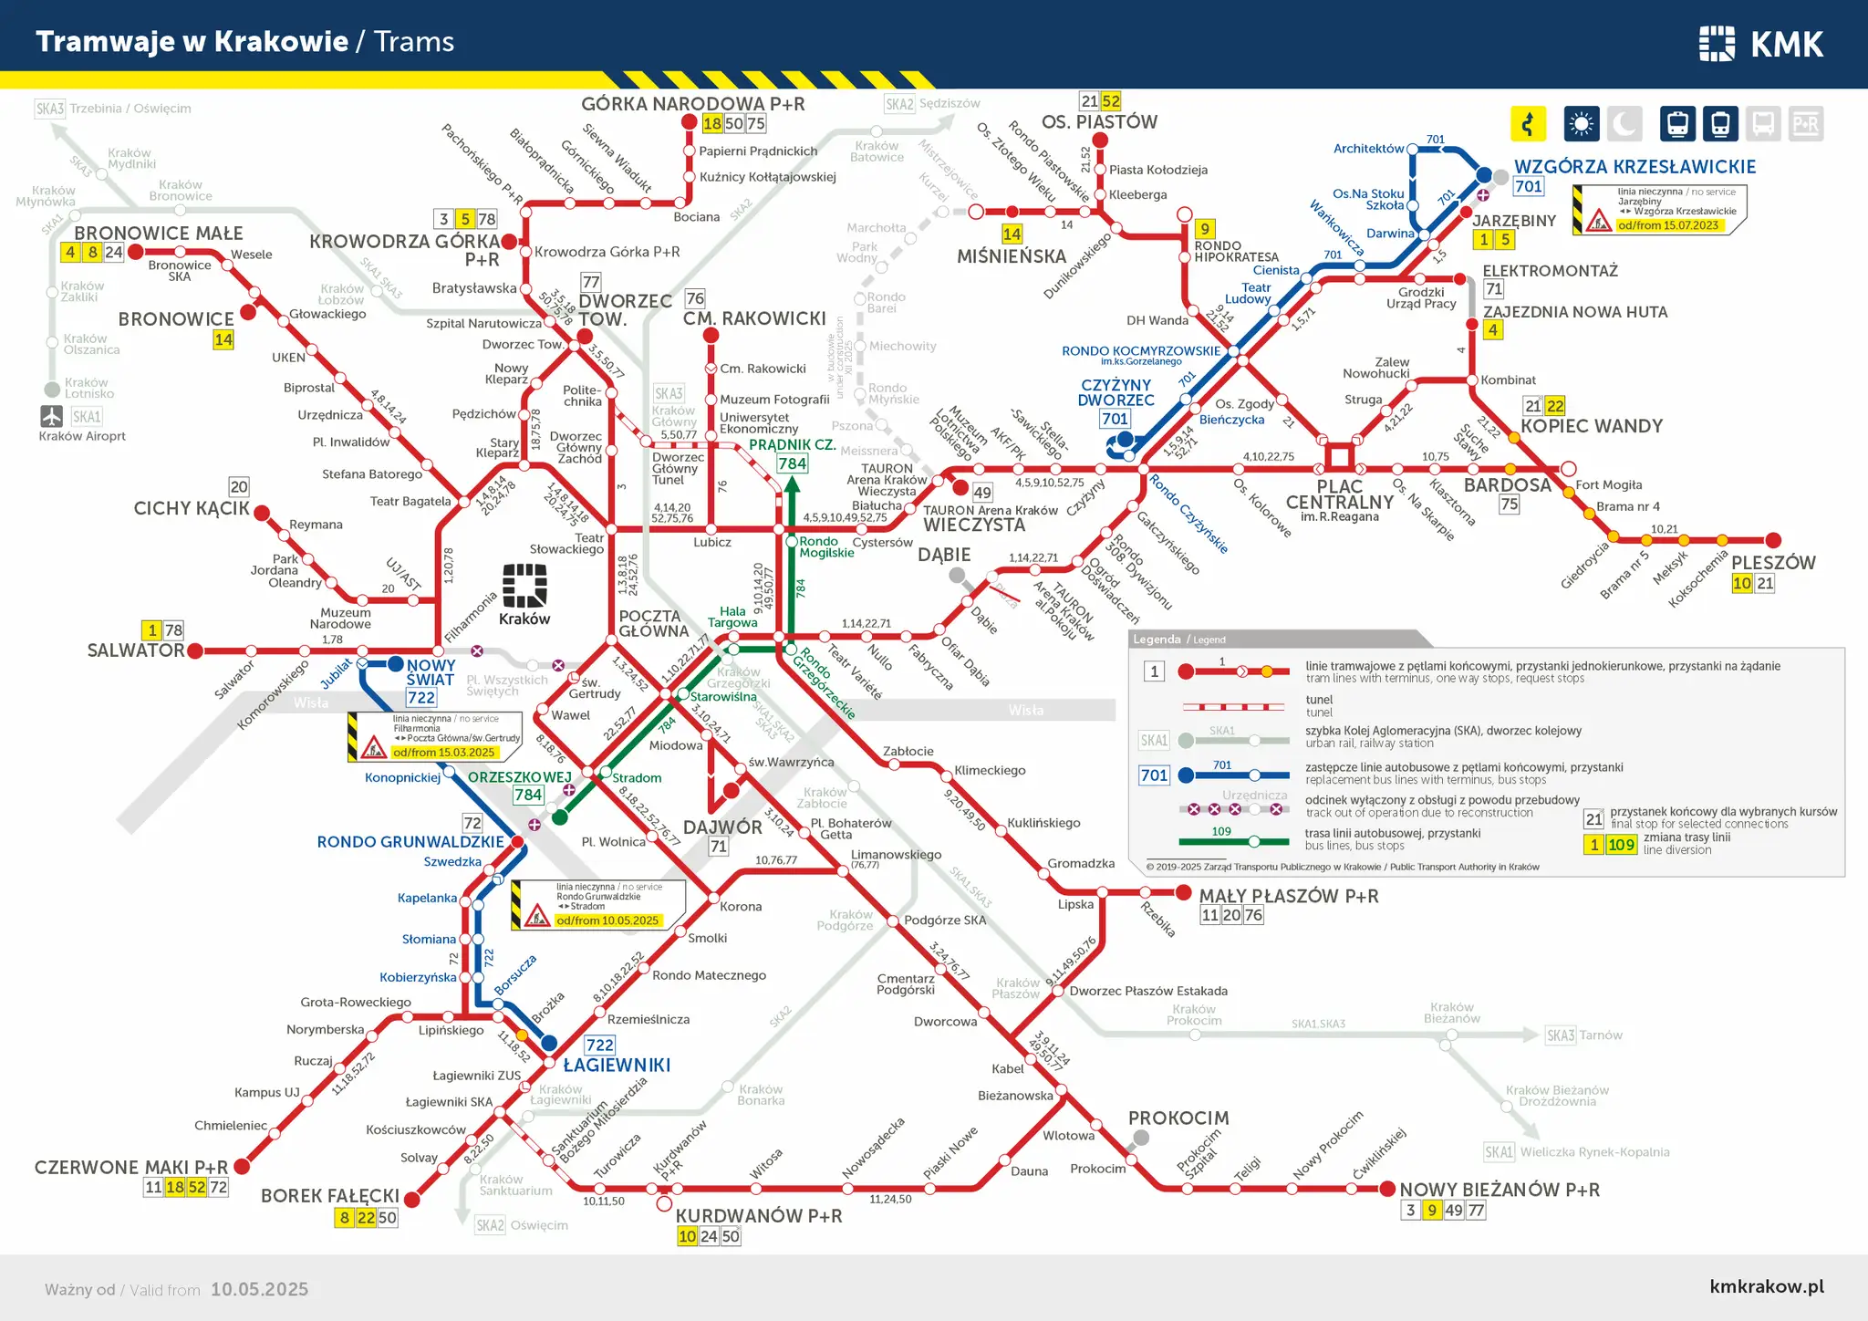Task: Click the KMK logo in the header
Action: tap(1760, 43)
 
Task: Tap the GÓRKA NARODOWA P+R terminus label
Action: tap(692, 104)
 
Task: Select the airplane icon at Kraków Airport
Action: tap(51, 416)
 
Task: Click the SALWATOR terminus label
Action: tap(136, 650)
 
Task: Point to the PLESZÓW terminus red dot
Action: tap(1773, 540)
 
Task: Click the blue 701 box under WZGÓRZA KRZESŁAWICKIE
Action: tap(1528, 186)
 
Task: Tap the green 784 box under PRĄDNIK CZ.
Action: tap(792, 463)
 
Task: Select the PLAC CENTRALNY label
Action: tap(1339, 494)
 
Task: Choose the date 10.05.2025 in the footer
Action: tap(259, 1289)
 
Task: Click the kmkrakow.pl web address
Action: tap(1767, 1286)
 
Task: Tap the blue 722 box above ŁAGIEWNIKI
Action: tap(599, 1045)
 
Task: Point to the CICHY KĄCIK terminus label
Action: tap(192, 508)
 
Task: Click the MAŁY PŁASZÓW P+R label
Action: tap(1288, 896)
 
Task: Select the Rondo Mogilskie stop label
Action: tap(826, 546)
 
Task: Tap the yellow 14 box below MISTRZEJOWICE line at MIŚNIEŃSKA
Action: tap(1012, 234)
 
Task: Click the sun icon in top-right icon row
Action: tap(1581, 123)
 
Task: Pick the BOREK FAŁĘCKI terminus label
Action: tap(330, 1195)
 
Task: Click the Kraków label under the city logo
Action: tap(524, 619)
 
